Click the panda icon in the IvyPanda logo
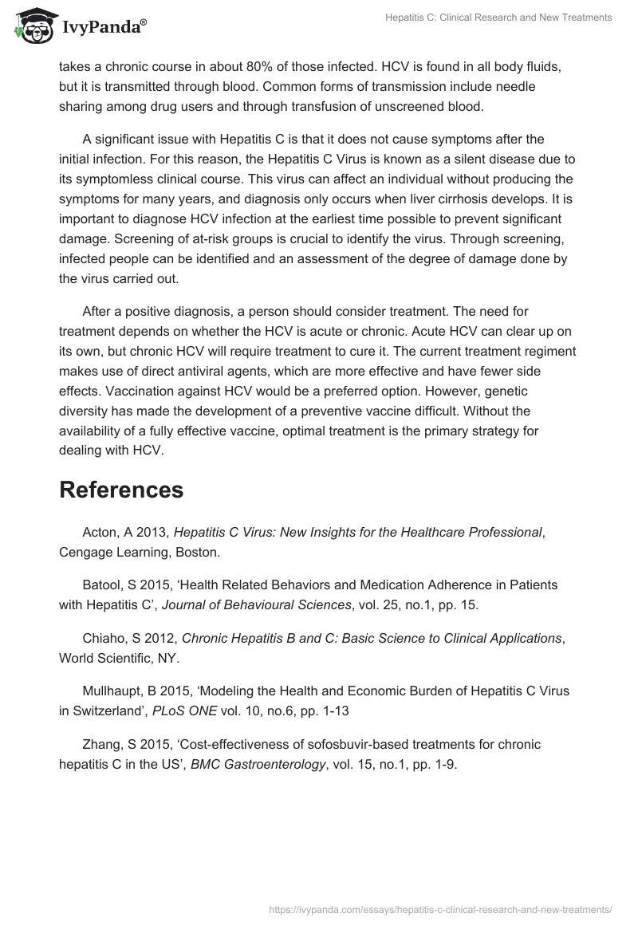click(x=31, y=26)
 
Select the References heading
click(x=121, y=490)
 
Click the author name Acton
click(x=100, y=533)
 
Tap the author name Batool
click(x=101, y=585)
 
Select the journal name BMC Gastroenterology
click(x=258, y=763)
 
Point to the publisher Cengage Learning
click(x=109, y=551)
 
